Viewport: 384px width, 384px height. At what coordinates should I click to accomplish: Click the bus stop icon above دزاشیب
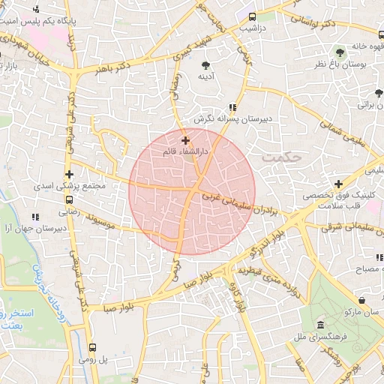click(251, 16)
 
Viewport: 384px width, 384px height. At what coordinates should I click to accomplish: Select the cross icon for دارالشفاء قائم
click(185, 140)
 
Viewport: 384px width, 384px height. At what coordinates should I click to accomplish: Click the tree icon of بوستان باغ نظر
click(340, 52)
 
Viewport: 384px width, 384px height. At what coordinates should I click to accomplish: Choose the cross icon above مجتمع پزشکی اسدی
click(70, 174)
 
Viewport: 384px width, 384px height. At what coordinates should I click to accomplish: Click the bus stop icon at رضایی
click(70, 200)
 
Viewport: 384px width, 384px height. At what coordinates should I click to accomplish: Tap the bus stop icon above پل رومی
click(93, 347)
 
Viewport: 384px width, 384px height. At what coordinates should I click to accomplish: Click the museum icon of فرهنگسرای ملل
click(320, 325)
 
